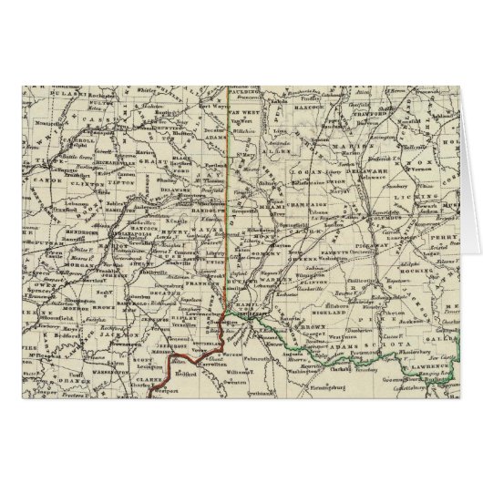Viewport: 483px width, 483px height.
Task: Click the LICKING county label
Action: (x=428, y=196)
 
